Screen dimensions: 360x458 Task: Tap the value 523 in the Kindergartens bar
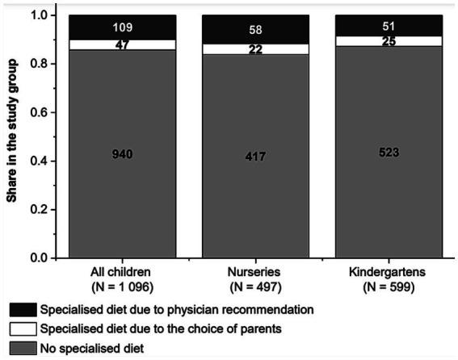coord(389,153)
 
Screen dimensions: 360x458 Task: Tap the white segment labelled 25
coord(389,41)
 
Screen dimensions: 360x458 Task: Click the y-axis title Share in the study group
coord(14,137)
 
